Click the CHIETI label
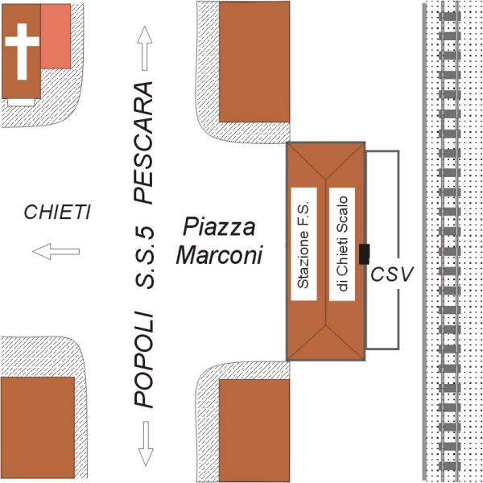(x=56, y=213)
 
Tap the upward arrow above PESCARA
(x=145, y=46)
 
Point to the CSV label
(x=392, y=274)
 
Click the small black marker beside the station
(x=365, y=254)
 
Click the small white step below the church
(x=21, y=102)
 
